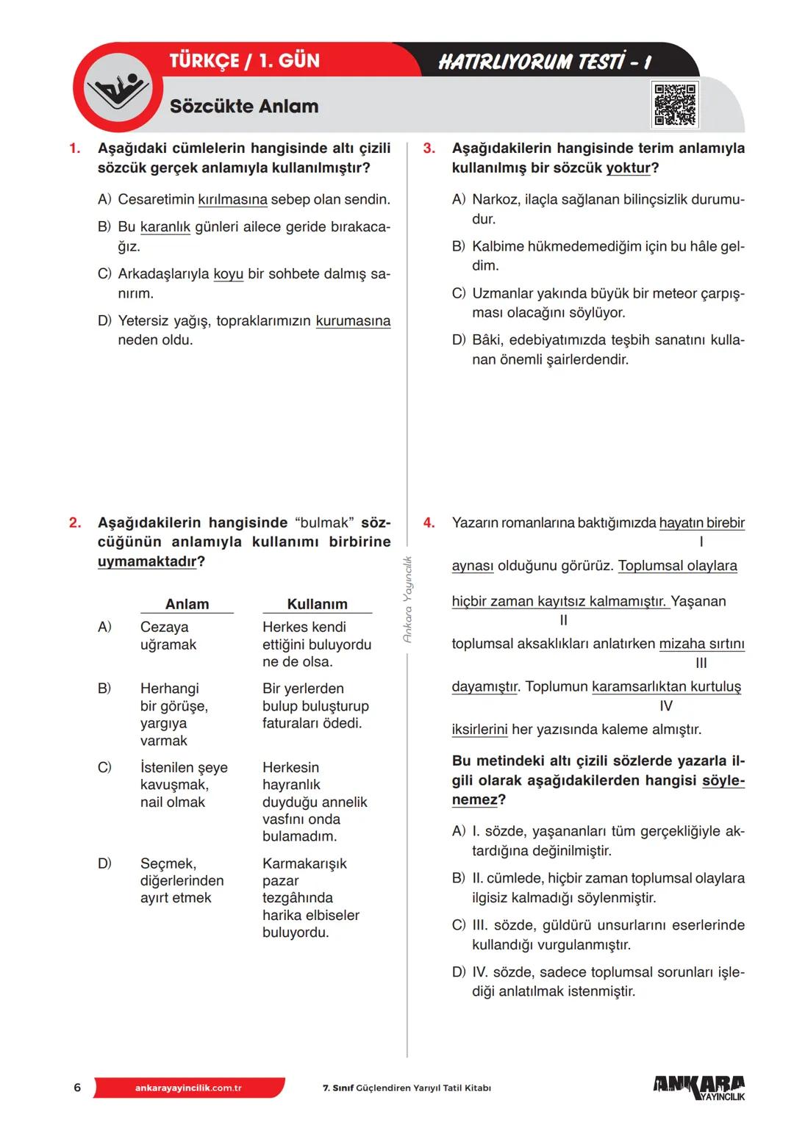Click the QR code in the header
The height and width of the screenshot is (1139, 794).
pyautogui.click(x=675, y=105)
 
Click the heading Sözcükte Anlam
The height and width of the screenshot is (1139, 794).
pyautogui.click(x=244, y=107)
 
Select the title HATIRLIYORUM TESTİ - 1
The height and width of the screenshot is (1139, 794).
pyautogui.click(x=545, y=62)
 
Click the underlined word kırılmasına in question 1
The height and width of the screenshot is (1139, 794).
pyautogui.click(x=232, y=200)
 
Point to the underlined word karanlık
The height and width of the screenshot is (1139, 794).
pyautogui.click(x=165, y=227)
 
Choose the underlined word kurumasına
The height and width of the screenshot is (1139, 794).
pyautogui.click(x=353, y=321)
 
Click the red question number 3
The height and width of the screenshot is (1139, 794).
pyautogui.click(x=429, y=148)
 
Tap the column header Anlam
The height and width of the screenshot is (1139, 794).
pyautogui.click(x=187, y=604)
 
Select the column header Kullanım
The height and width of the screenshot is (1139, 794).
pyautogui.click(x=317, y=604)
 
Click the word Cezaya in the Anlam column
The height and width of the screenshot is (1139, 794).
pyautogui.click(x=164, y=627)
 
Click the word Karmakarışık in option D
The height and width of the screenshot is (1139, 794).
pyautogui.click(x=304, y=863)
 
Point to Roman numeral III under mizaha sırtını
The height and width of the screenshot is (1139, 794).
pyautogui.click(x=701, y=663)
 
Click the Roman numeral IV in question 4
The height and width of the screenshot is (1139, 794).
pyautogui.click(x=666, y=705)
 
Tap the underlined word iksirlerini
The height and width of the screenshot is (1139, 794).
pyautogui.click(x=479, y=730)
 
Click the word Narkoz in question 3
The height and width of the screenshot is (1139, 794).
pyautogui.click(x=494, y=200)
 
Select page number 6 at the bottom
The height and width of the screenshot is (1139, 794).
pyautogui.click(x=77, y=1088)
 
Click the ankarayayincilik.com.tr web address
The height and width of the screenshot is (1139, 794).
pyautogui.click(x=188, y=1088)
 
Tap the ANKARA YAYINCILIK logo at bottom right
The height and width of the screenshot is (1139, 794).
pyautogui.click(x=698, y=1088)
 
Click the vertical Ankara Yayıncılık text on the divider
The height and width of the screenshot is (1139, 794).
pyautogui.click(x=408, y=600)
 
